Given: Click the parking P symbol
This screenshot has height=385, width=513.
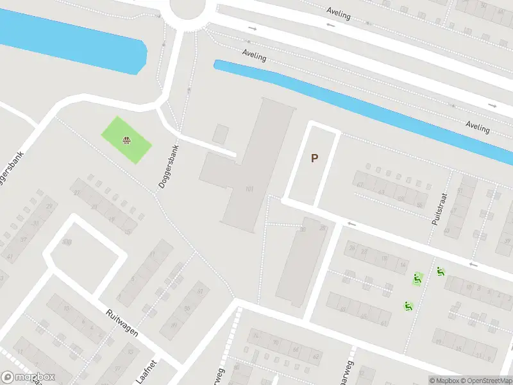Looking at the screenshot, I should pos(314,158).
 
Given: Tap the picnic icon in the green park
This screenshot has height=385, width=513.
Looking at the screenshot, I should pos(127,139).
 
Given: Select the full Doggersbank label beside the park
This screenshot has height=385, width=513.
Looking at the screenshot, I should pos(169,166).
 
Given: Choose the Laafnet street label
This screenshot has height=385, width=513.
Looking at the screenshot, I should pos(149,370).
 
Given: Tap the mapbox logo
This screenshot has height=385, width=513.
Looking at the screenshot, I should pos(28,377).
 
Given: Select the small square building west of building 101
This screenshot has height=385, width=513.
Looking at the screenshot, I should pos(221,133).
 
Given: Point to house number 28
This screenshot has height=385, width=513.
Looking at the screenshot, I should pos(323,229).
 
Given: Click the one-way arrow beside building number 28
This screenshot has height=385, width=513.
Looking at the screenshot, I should pos(351,223).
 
